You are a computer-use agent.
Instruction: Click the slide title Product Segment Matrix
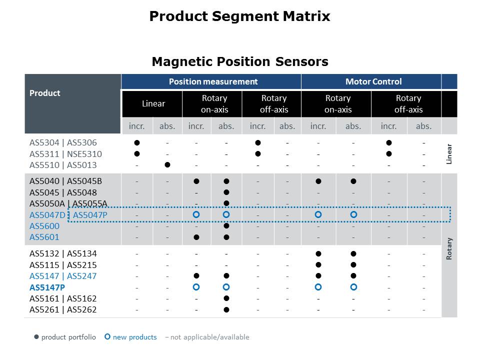239,16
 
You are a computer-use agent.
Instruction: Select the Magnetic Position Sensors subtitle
240,61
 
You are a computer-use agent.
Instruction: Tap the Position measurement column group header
213,81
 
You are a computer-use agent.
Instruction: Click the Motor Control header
373,81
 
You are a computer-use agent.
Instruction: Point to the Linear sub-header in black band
153,104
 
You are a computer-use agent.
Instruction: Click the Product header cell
45,93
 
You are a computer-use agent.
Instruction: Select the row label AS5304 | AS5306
63,143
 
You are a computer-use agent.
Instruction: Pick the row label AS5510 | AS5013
63,165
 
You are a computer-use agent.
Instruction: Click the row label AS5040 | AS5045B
65,181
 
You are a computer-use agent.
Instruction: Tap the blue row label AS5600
44,226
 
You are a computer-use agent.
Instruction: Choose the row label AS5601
44,237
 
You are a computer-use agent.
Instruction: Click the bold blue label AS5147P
47,287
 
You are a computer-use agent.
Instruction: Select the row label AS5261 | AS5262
63,309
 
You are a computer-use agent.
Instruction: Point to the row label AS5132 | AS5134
63,253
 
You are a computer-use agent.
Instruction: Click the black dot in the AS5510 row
167,164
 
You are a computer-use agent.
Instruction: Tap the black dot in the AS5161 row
226,298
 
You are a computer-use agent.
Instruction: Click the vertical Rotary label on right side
449,248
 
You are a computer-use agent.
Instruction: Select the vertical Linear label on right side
449,154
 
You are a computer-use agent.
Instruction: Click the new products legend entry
131,337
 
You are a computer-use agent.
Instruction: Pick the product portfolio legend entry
65,337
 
